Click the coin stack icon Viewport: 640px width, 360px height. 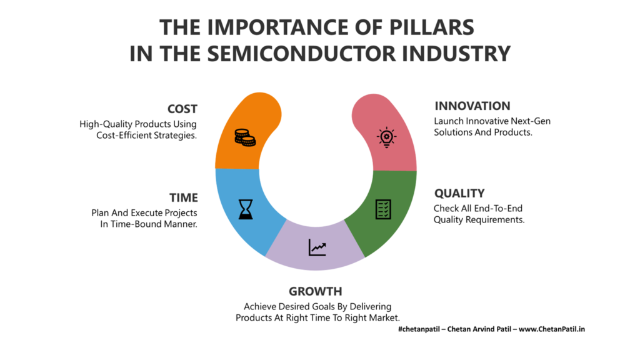pyautogui.click(x=245, y=137)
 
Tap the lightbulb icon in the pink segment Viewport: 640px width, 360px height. pyautogui.click(x=386, y=137)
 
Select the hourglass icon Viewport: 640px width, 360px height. pyautogui.click(x=246, y=209)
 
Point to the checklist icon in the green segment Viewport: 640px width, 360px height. pyautogui.click(x=383, y=209)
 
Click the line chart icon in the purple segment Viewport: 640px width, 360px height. pyautogui.click(x=317, y=247)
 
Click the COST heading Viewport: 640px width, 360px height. pyautogui.click(x=182, y=109)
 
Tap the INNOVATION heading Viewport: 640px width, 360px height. pyautogui.click(x=472, y=106)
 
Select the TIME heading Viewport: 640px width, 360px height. pyautogui.click(x=184, y=197)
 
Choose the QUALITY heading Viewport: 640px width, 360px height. pyautogui.click(x=459, y=193)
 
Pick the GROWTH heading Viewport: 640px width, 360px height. pyautogui.click(x=316, y=291)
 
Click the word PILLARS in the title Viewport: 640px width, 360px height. pyautogui.click(x=431, y=27)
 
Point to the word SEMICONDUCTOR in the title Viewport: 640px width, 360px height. pyautogui.click(x=302, y=54)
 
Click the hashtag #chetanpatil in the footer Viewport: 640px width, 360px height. pyautogui.click(x=419, y=329)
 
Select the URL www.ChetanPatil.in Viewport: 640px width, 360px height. pyautogui.click(x=552, y=329)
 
